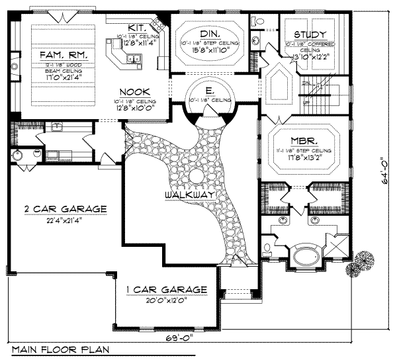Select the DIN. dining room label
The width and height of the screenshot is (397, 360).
tap(208, 32)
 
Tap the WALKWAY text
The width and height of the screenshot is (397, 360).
tap(189, 195)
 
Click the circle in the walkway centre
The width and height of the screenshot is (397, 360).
tap(195, 176)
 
